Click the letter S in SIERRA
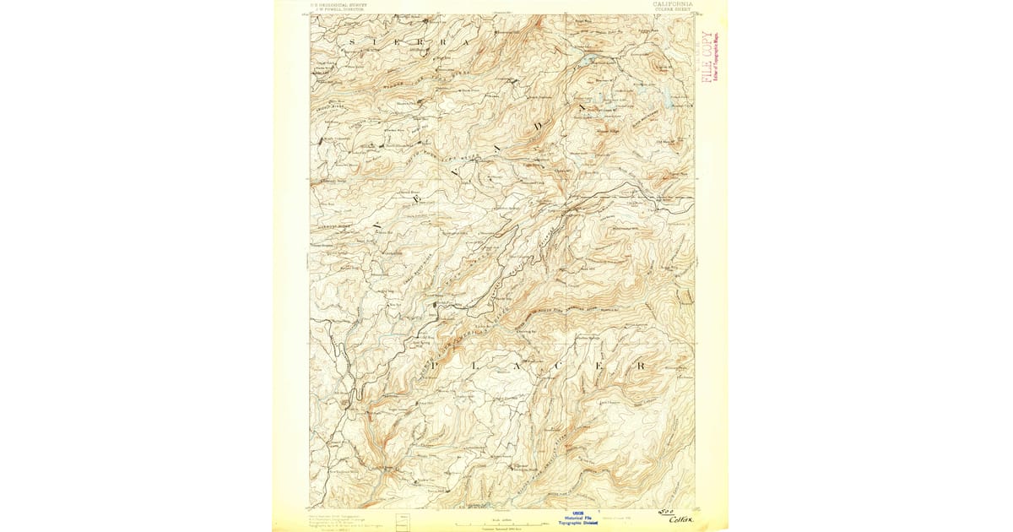coord(353,41)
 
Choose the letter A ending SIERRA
coord(463,41)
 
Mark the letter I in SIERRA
coord(375,41)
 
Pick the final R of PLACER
coord(642,366)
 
